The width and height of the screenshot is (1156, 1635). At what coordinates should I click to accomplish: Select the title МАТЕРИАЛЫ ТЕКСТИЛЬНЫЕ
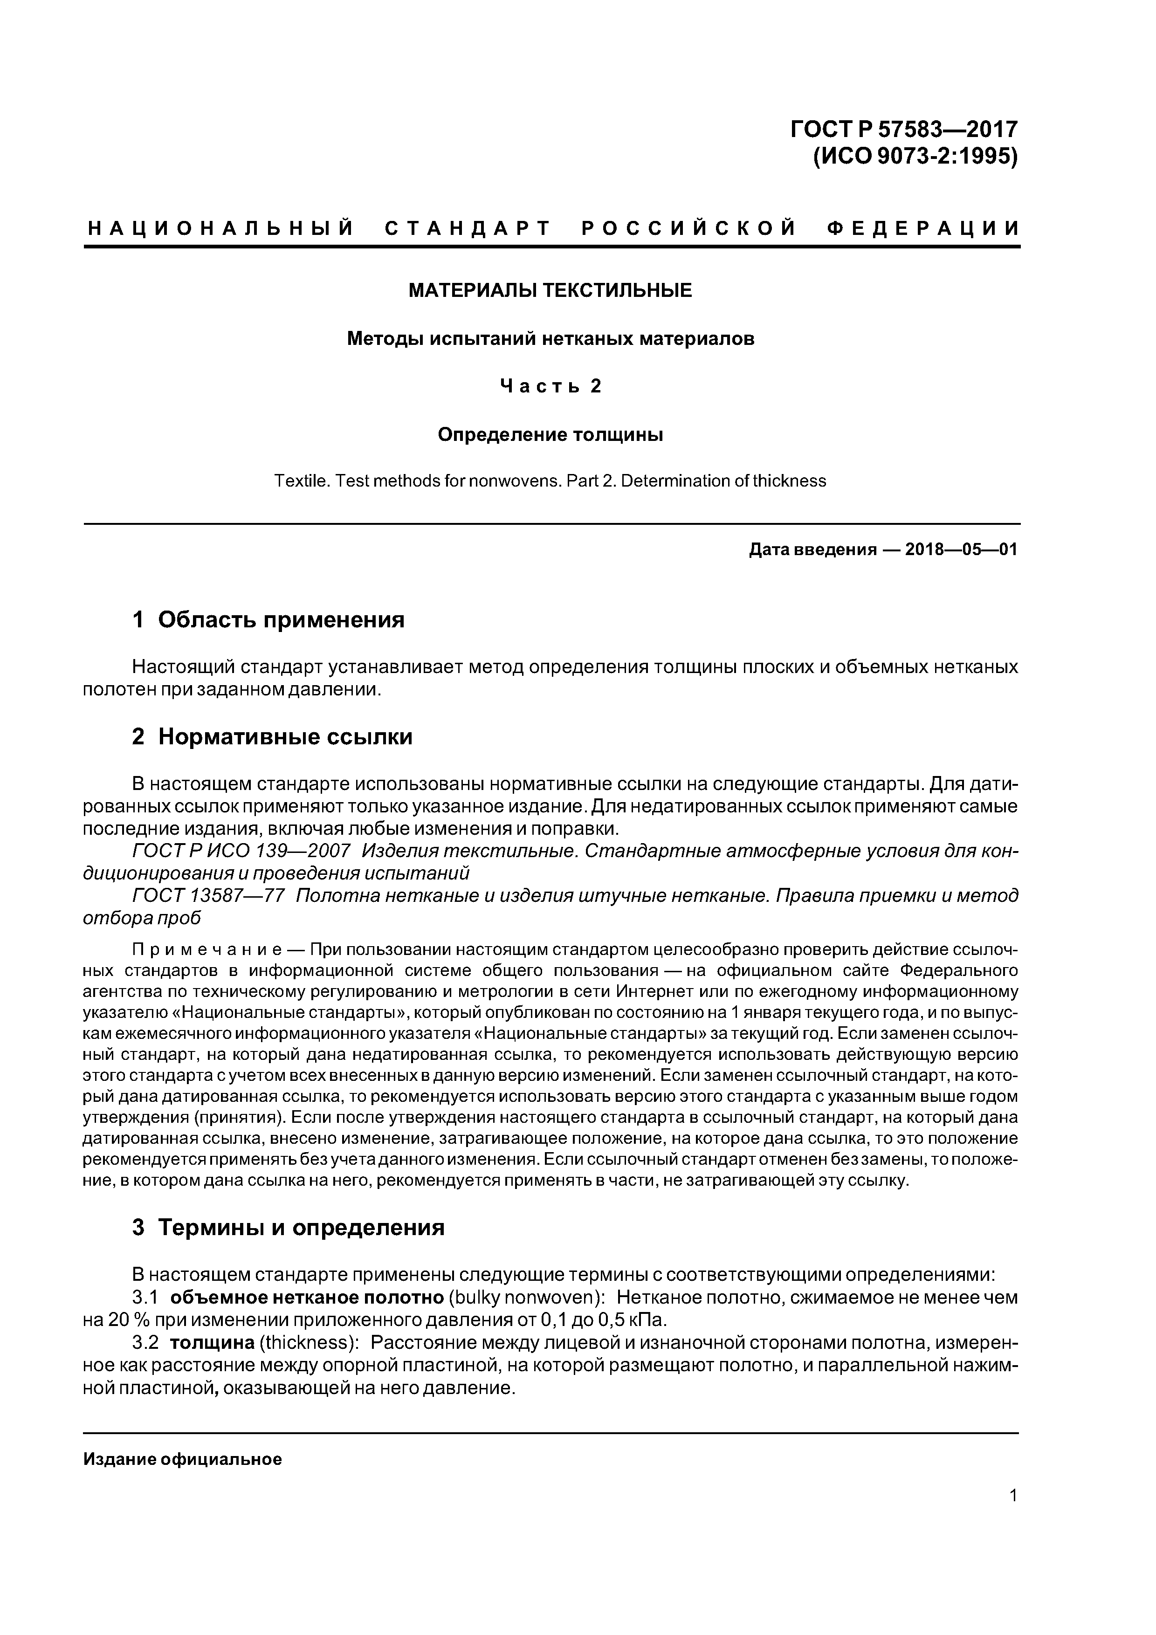point(550,290)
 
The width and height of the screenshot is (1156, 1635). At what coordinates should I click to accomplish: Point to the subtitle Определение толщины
point(550,434)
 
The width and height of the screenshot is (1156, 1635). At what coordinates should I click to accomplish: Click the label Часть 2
point(550,386)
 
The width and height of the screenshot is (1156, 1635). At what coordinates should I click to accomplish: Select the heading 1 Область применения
point(268,620)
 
